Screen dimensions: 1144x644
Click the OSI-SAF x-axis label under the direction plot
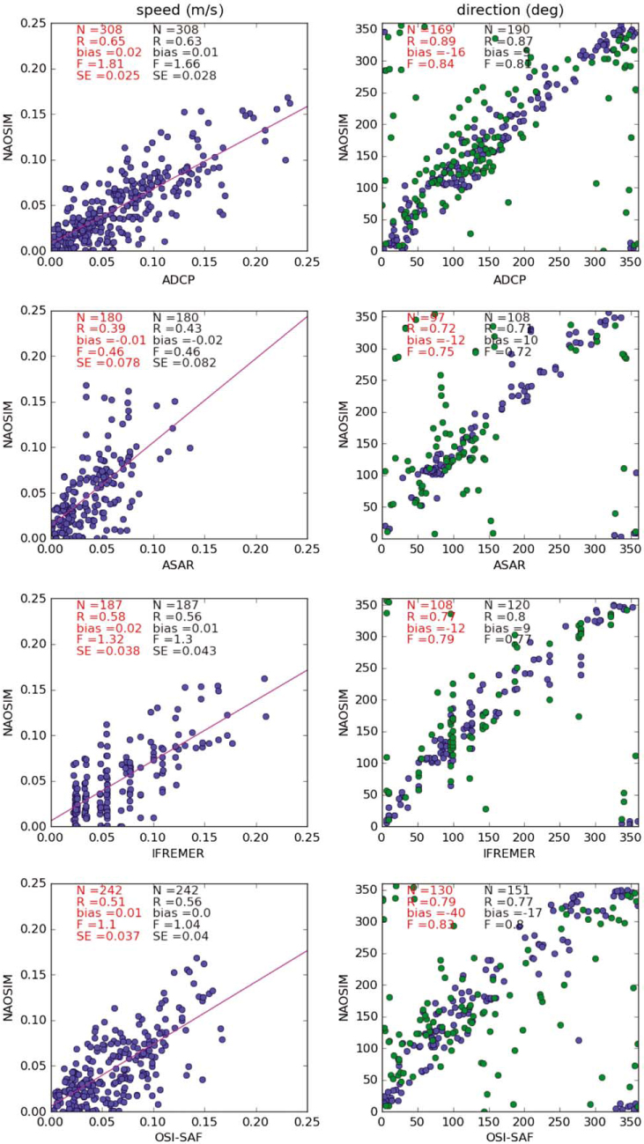coord(510,1135)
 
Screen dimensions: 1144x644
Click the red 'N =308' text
coord(99,30)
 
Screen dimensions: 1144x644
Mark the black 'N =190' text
coord(507,30)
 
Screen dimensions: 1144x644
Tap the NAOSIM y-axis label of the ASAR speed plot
coord(11,424)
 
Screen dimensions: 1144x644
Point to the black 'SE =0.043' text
coord(181,652)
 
